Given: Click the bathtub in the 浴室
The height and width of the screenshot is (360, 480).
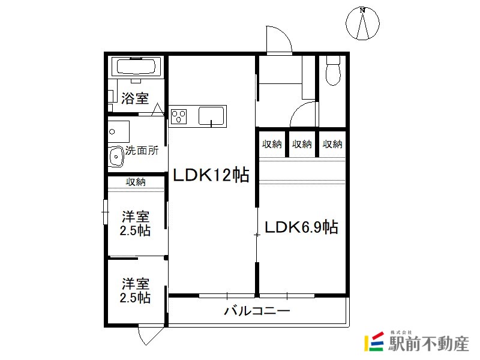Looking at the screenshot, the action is coord(136,67).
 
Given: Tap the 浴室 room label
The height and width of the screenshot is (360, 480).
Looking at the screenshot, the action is coord(135,98).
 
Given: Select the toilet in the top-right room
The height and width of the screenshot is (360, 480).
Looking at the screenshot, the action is coord(333,70).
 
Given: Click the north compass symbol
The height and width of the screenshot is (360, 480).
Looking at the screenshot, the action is coord(362,23).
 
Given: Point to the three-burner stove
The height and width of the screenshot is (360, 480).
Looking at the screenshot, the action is coord(179,116).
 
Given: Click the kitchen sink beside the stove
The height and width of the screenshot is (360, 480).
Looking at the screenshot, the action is coord(211,116).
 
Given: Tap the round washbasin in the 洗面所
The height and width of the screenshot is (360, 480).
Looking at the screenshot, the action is coord(116,157).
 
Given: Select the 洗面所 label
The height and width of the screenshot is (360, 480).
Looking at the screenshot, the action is coord(142,151).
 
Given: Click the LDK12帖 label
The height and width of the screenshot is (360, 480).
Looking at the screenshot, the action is coord(211,175).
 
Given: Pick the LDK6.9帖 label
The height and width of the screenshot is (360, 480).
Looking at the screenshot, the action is coord(301,227).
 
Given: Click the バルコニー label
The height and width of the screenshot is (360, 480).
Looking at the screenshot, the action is coord(257,311).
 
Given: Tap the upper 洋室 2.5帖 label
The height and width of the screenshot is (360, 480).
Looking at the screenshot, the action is coord(135,223).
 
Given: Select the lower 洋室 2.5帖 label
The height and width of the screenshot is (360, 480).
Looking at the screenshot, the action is coord(135,290).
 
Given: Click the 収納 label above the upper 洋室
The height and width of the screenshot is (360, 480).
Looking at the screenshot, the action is coord(136,182).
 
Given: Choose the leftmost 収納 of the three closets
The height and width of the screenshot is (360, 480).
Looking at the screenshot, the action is coord(272,144).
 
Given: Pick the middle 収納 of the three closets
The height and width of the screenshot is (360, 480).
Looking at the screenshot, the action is coord(302,144).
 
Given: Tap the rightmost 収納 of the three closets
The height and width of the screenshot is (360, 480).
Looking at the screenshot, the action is coord(332,144).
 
